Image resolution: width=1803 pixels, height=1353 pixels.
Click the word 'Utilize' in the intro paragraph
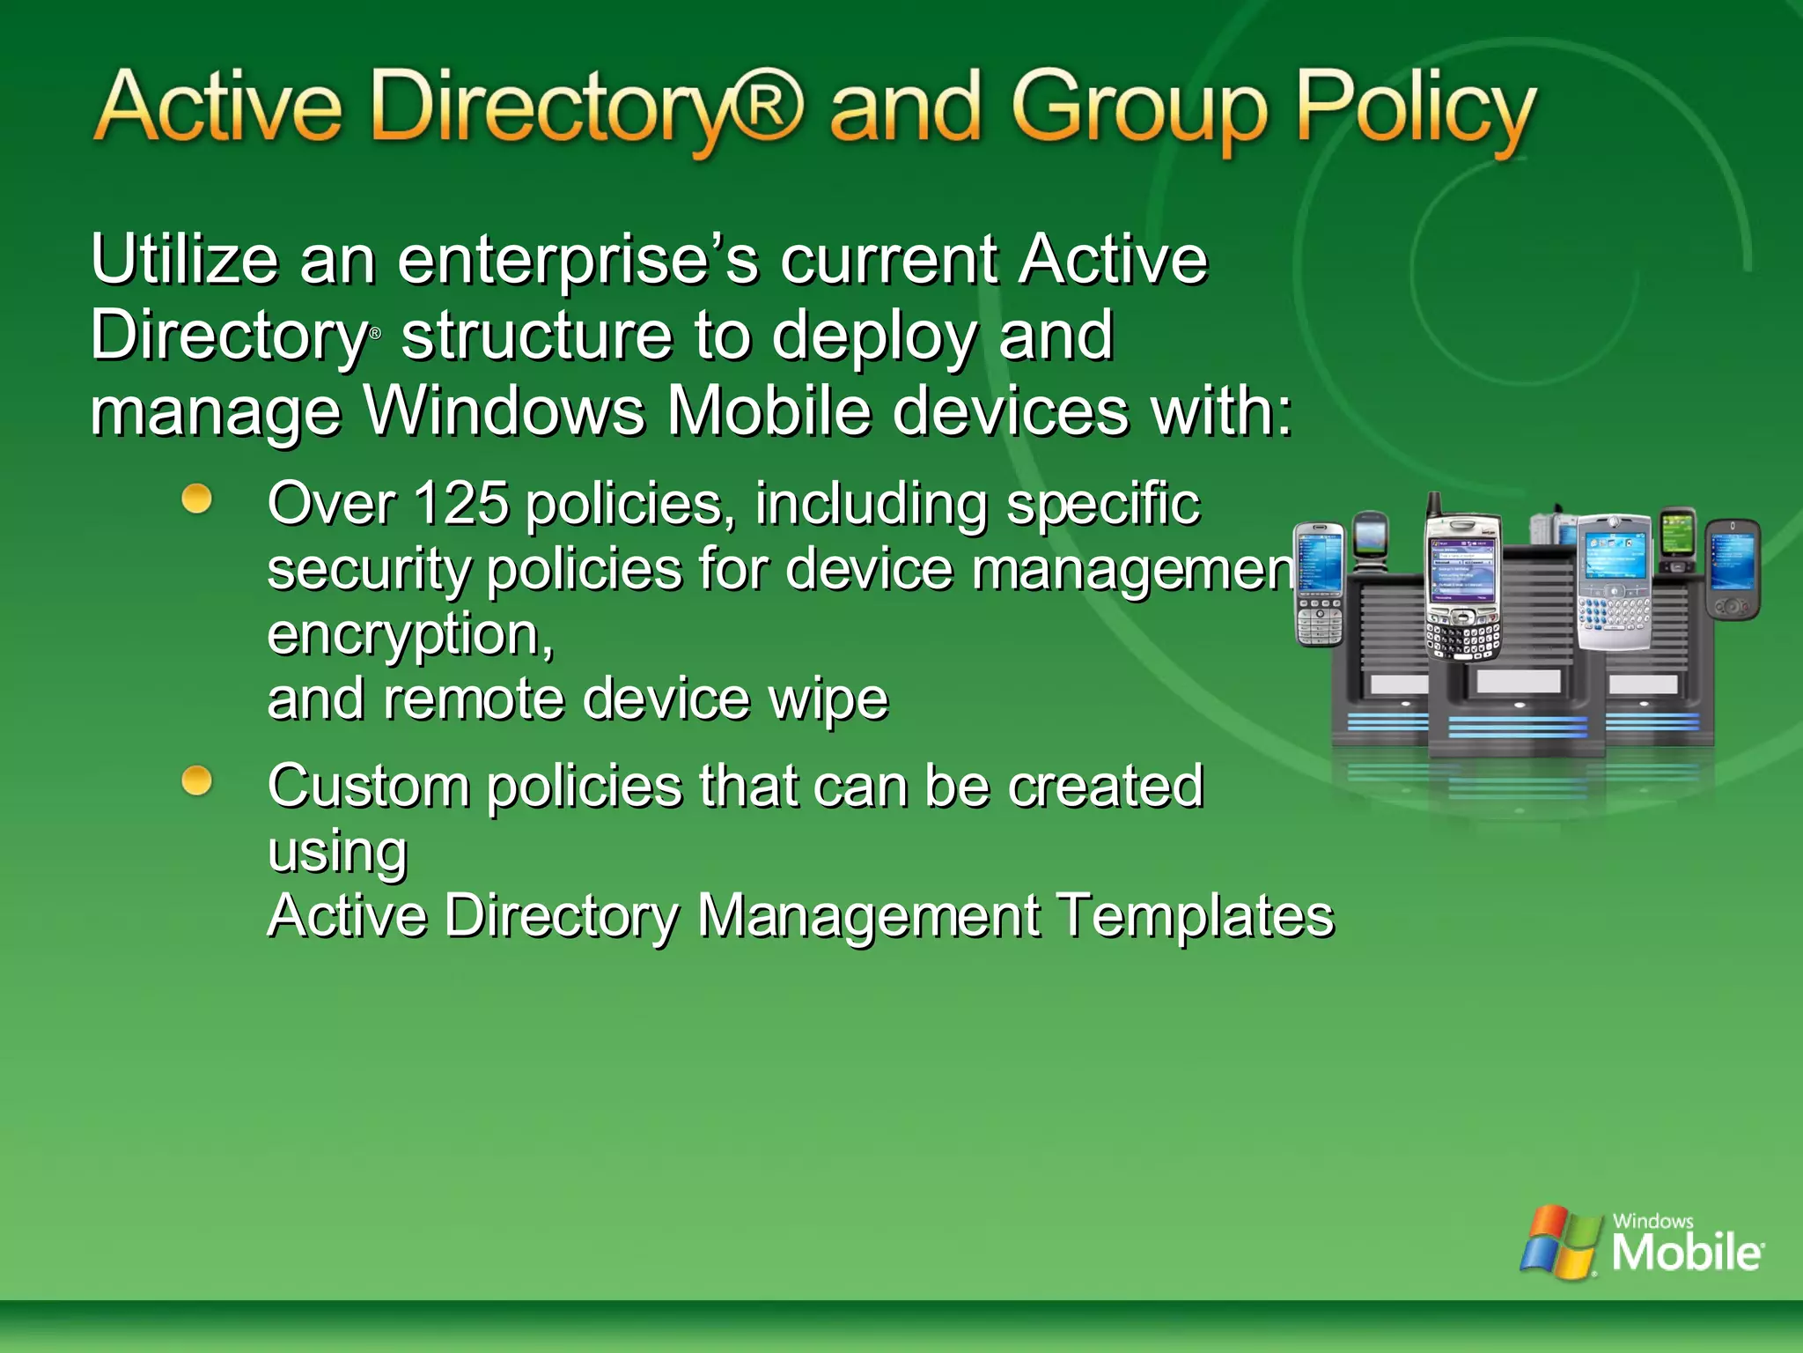(184, 260)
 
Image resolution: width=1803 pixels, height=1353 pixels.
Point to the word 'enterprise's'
(578, 262)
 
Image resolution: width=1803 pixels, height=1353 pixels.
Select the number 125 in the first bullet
(460, 504)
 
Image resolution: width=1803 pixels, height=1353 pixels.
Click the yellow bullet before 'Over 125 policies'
(197, 499)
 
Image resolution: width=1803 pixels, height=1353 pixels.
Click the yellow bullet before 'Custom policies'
(197, 780)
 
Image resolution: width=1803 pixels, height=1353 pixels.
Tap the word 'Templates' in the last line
(1195, 916)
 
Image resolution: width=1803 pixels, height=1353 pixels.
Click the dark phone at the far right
(1733, 569)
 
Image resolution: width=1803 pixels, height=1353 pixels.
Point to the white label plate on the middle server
(1518, 680)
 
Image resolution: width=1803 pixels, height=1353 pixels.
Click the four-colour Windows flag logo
(1560, 1242)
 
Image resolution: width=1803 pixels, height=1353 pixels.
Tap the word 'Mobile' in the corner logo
(1686, 1253)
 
